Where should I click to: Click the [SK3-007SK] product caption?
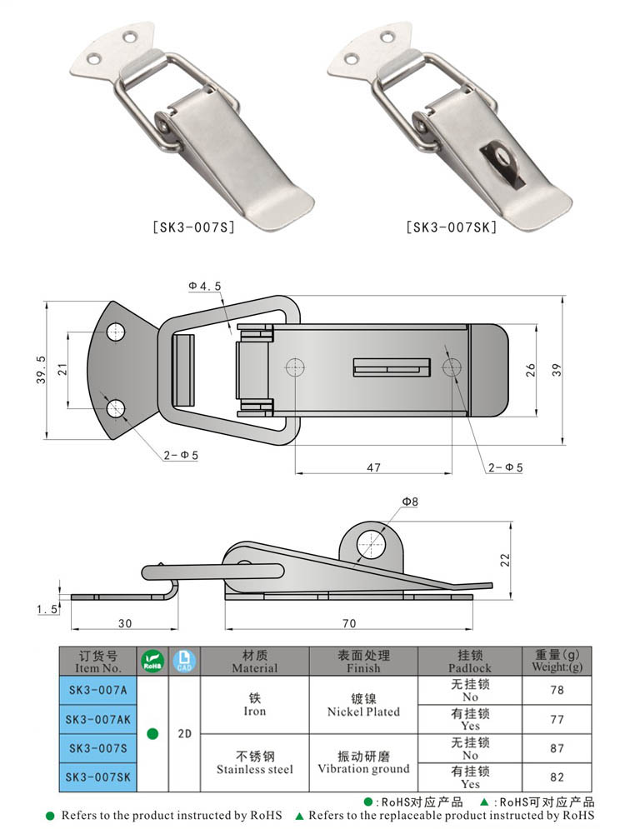click(x=451, y=227)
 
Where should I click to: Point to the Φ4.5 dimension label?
click(x=205, y=286)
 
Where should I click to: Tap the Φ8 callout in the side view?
click(x=409, y=502)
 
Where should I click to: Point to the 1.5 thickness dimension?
click(x=47, y=610)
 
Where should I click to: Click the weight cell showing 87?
click(x=557, y=747)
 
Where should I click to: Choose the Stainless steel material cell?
click(x=254, y=762)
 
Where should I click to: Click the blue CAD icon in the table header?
click(x=184, y=661)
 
